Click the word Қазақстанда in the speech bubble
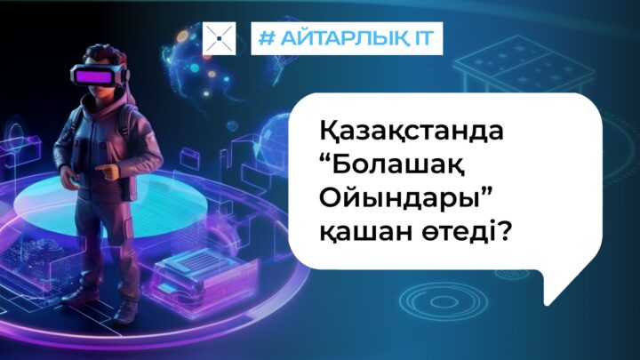[412, 132]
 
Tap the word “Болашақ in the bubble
[392, 166]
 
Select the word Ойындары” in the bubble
[404, 200]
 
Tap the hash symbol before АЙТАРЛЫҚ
[268, 38]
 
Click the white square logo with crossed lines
[220, 38]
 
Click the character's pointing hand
[106, 171]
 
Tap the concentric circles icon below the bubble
[444, 301]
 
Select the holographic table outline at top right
[524, 65]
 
